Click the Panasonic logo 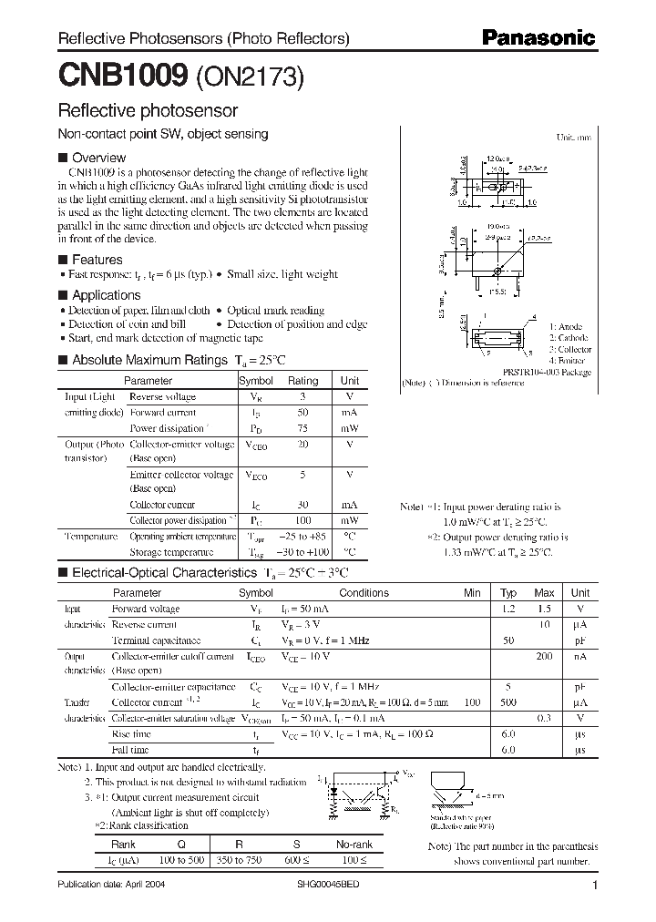[x=538, y=38]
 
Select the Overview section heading [x=98, y=158]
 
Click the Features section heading [x=97, y=260]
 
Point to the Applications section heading [x=106, y=295]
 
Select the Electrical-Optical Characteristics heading [x=164, y=573]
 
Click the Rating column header [x=303, y=381]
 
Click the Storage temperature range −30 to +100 [x=303, y=552]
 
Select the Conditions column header [x=364, y=592]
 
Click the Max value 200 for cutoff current [x=544, y=655]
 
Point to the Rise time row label [x=131, y=733]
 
